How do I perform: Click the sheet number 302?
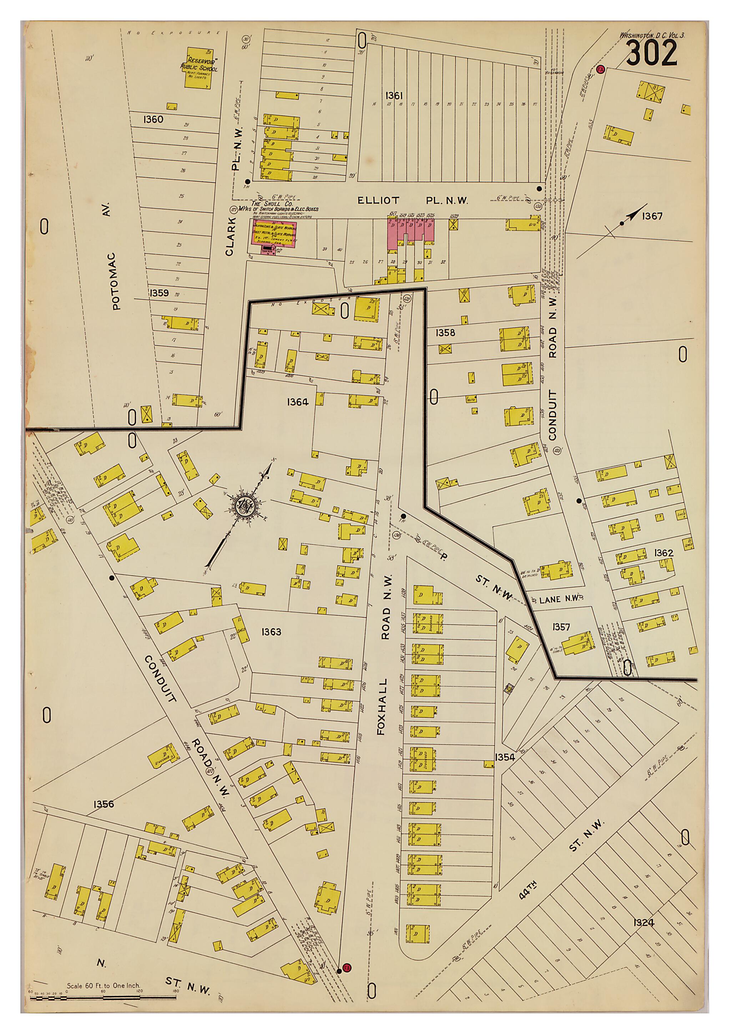point(651,53)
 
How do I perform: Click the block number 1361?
point(394,95)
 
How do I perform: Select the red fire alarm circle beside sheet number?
point(600,70)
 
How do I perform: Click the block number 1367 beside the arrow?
point(652,216)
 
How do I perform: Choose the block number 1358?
point(445,333)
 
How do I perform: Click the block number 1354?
point(505,758)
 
